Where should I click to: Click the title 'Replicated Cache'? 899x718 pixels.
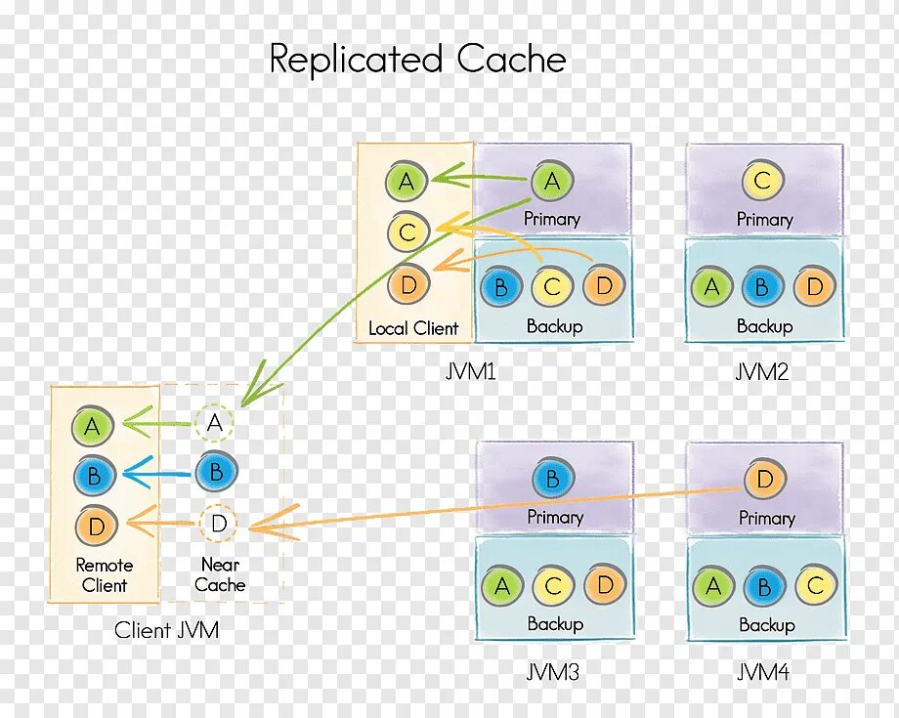(x=417, y=60)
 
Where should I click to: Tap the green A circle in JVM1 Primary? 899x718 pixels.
(x=552, y=182)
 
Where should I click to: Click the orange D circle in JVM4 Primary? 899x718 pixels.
(x=764, y=480)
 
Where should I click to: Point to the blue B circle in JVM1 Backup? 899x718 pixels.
(x=500, y=287)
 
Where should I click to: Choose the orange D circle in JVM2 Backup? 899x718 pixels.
(x=815, y=287)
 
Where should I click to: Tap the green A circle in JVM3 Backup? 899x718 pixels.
(x=501, y=586)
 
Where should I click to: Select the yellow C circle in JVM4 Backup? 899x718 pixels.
(x=815, y=586)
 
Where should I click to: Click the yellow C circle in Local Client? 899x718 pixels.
(x=408, y=232)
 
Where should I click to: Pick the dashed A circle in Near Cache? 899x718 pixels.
(x=216, y=424)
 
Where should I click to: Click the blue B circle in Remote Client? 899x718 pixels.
(x=94, y=476)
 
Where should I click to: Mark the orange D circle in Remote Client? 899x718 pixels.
(x=95, y=527)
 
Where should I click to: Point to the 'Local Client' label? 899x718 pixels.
(x=413, y=329)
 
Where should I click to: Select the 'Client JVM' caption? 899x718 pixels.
(x=166, y=631)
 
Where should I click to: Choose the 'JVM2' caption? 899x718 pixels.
(x=761, y=372)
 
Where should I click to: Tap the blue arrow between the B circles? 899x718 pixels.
(x=156, y=475)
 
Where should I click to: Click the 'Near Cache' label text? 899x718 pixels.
(x=220, y=575)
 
